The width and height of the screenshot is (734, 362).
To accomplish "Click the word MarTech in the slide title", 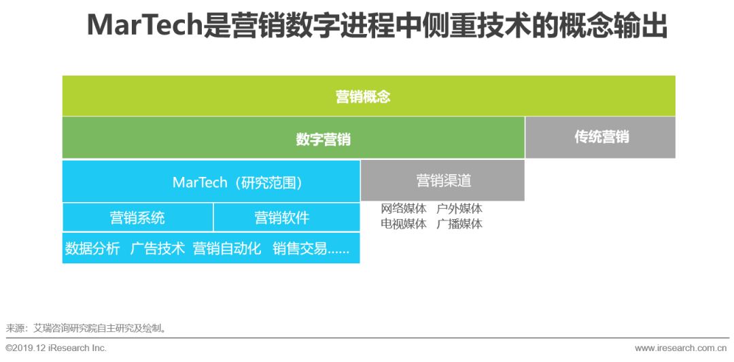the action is point(145,26).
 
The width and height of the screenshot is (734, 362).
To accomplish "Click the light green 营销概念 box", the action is point(369,96).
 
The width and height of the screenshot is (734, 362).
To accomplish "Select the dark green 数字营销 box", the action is point(294,138).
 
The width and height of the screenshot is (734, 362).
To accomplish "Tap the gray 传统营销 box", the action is point(601,137).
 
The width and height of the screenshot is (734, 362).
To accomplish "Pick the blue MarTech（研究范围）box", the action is point(211,182).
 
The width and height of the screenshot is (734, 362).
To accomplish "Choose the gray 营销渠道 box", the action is point(443,180).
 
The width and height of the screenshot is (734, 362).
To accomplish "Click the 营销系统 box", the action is point(137,218).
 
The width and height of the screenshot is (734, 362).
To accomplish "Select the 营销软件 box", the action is point(287,218).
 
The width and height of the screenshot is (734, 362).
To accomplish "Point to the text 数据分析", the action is point(92,248).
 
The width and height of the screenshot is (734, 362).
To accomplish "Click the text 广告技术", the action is point(158,248).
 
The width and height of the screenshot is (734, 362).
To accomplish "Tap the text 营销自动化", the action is point(227,248).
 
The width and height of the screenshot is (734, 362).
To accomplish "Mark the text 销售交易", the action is point(300,248).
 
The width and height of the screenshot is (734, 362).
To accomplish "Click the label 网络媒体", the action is point(404,209).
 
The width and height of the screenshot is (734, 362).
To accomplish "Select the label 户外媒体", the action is point(459,209).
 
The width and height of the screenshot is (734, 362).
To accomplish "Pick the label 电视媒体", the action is point(404,224).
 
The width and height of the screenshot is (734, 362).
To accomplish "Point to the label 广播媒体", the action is point(459,224).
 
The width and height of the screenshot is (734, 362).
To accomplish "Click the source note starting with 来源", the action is point(86,328).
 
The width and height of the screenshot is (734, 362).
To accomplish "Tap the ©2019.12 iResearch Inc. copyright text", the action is point(56,348).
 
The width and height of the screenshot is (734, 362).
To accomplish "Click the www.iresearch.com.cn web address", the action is point(680,348).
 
